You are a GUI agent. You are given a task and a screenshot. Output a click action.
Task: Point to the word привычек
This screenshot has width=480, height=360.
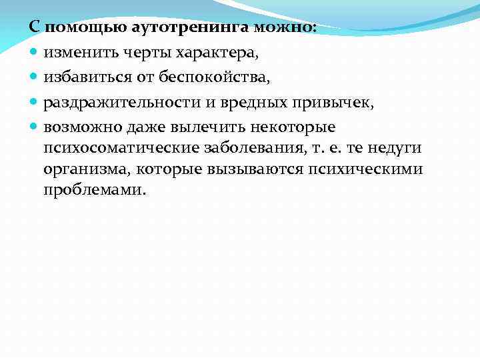pyautogui.click(x=335, y=103)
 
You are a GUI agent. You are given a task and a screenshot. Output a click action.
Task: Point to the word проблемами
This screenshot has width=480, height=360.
pyautogui.click(x=93, y=190)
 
